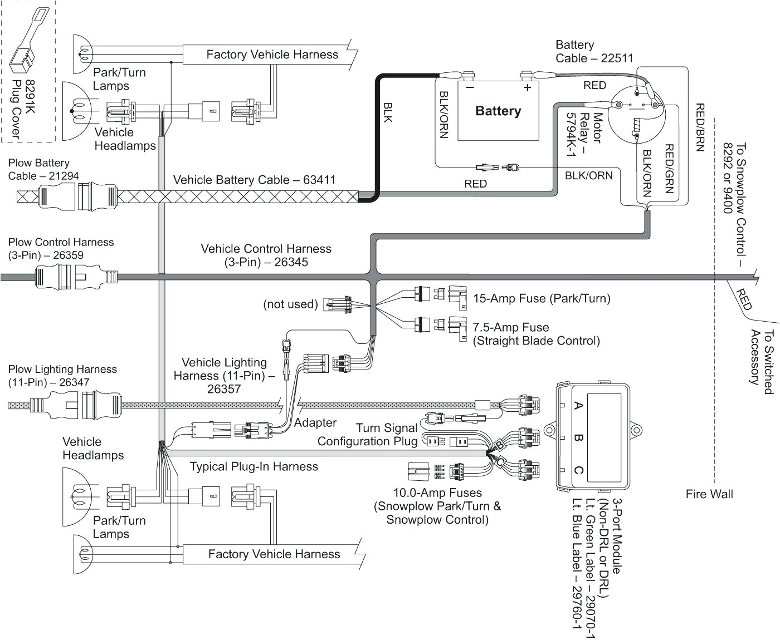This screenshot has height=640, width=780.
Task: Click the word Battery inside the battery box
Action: click(498, 111)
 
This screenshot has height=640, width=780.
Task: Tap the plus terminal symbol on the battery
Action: click(527, 87)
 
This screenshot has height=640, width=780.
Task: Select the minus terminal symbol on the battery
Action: click(470, 87)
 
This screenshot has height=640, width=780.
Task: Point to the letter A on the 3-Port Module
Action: click(578, 406)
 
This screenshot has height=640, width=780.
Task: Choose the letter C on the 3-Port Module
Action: click(578, 471)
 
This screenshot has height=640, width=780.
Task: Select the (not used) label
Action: click(290, 304)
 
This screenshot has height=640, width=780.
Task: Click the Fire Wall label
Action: click(709, 494)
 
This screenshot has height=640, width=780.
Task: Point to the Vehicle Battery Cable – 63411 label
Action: click(254, 180)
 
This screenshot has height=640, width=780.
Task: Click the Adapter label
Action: click(315, 422)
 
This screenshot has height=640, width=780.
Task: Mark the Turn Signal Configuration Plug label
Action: click(368, 435)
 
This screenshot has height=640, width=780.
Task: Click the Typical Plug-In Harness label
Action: click(253, 466)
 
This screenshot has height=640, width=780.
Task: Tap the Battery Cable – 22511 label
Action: click(594, 51)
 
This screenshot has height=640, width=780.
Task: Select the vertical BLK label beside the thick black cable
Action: click(388, 112)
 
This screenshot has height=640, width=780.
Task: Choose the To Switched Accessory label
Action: click(762, 362)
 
